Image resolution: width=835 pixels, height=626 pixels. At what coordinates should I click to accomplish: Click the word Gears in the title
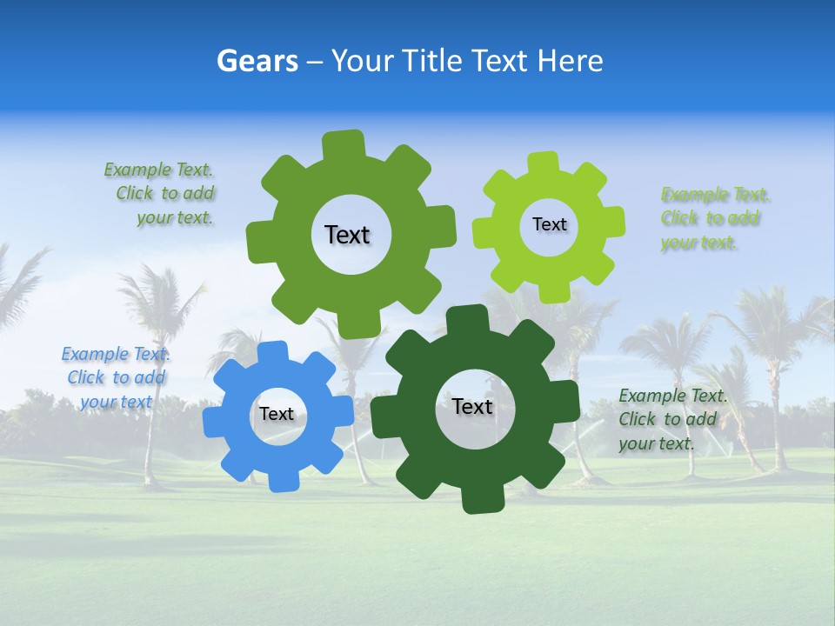[x=254, y=61]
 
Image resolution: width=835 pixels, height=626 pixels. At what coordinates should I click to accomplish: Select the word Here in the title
[x=571, y=61]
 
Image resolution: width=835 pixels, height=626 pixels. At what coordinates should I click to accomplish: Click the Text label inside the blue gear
[x=277, y=414]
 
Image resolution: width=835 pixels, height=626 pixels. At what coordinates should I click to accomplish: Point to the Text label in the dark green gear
[x=472, y=406]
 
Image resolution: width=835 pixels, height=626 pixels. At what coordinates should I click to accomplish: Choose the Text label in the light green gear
[x=549, y=224]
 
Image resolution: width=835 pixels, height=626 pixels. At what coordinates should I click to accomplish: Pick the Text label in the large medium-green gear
[x=347, y=235]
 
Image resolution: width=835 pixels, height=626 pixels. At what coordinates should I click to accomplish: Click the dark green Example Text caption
[x=671, y=419]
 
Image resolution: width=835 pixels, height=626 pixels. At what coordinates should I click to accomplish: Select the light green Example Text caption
[x=715, y=218]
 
